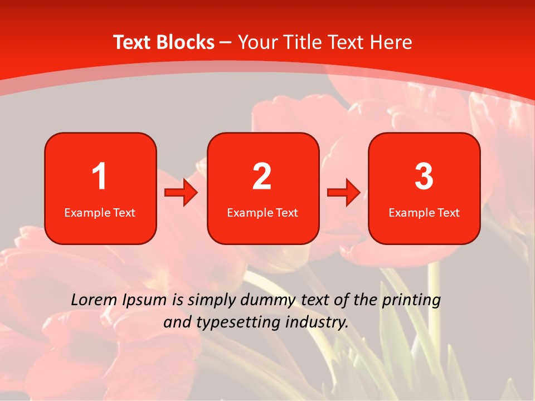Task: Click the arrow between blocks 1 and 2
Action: [x=181, y=193]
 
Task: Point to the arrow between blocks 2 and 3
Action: [x=344, y=193]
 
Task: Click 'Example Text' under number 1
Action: [x=100, y=213]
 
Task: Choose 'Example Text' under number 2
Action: [x=262, y=213]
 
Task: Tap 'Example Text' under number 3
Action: [x=424, y=213]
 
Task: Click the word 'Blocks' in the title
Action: [x=186, y=42]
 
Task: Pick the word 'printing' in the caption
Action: [x=411, y=301]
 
